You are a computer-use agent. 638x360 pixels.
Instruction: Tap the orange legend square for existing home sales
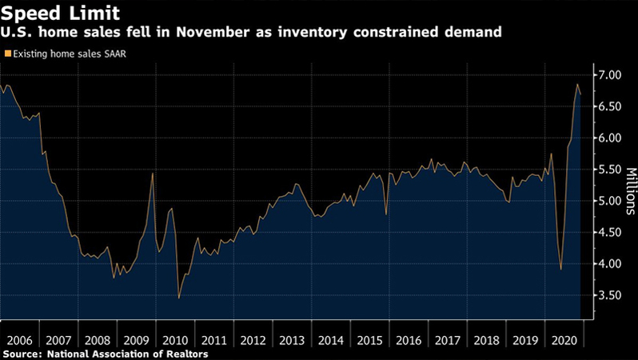click(8, 54)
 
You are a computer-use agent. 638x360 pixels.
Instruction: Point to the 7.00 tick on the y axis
click(609, 75)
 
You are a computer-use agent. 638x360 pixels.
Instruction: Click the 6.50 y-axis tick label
click(609, 106)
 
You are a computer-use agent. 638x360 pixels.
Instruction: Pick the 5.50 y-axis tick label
click(609, 170)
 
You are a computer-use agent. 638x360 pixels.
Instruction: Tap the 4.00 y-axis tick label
click(609, 264)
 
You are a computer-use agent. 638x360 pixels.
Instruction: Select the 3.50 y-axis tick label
click(609, 295)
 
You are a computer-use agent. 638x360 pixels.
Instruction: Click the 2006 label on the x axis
click(19, 339)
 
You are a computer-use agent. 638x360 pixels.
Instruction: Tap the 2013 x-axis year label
click(290, 339)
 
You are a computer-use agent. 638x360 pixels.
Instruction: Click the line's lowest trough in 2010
click(178, 298)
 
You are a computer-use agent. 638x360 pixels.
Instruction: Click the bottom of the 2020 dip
click(560, 270)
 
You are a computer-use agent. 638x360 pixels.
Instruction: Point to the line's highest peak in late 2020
click(576, 84)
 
